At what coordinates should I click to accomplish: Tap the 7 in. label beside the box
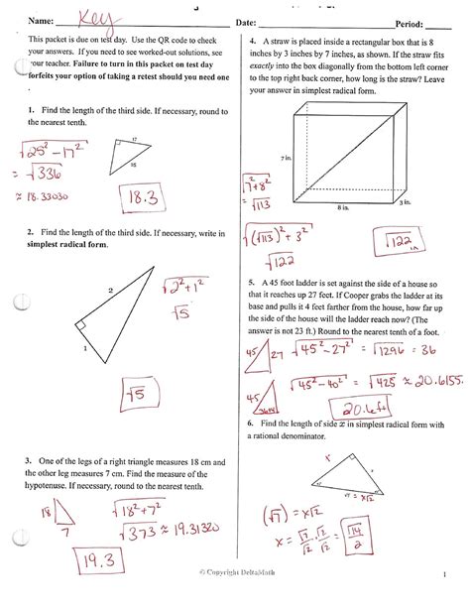pyautogui.click(x=286, y=158)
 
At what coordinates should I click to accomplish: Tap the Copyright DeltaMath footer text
pyautogui.click(x=237, y=600)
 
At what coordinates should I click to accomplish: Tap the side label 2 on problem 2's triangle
pyautogui.click(x=111, y=290)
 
